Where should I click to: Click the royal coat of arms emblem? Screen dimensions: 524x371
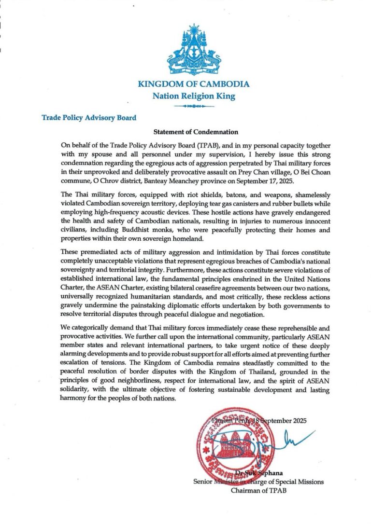pos(194,50)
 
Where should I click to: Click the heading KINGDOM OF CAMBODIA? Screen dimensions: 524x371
pos(194,84)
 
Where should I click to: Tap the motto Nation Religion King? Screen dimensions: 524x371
pos(194,96)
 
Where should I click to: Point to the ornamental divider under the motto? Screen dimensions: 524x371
pos(194,105)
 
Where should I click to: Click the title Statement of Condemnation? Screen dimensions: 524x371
pos(196,131)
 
